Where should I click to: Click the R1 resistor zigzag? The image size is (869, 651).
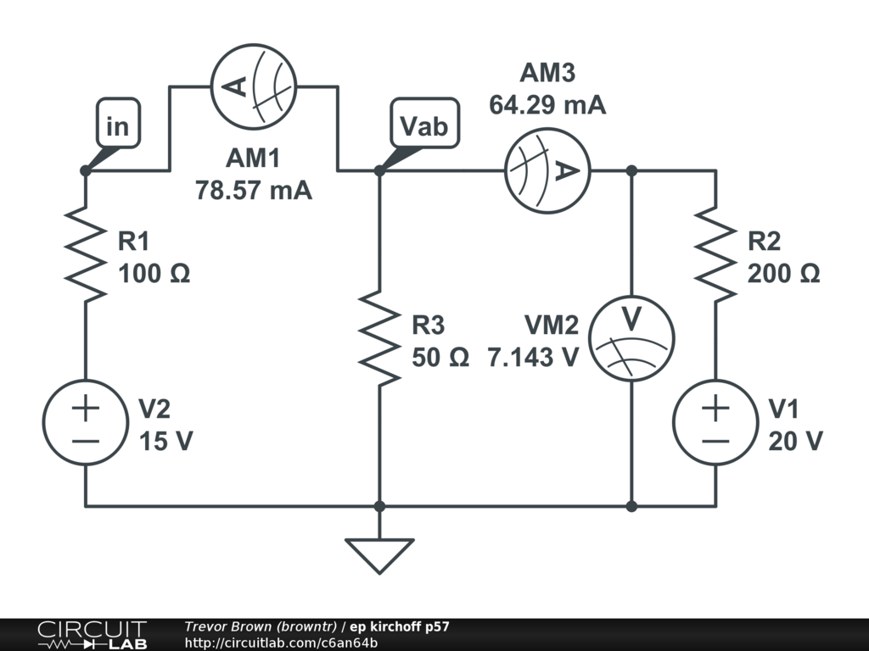[86, 254]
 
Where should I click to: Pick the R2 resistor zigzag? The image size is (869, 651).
[715, 254]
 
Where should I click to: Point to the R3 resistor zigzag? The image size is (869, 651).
[379, 338]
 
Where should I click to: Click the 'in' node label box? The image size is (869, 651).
[118, 124]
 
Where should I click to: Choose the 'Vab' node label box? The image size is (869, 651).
[424, 124]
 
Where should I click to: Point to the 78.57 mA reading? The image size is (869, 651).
[253, 191]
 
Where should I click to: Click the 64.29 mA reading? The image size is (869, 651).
[547, 104]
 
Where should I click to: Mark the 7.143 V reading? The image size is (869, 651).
[533, 358]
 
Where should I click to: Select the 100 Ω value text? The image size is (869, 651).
[154, 274]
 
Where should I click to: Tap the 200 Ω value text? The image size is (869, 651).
[783, 274]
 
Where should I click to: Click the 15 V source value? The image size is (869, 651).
[165, 441]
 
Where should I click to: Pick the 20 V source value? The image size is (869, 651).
[796, 441]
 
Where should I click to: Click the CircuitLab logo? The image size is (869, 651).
[92, 635]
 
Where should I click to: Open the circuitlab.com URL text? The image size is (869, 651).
[281, 643]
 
